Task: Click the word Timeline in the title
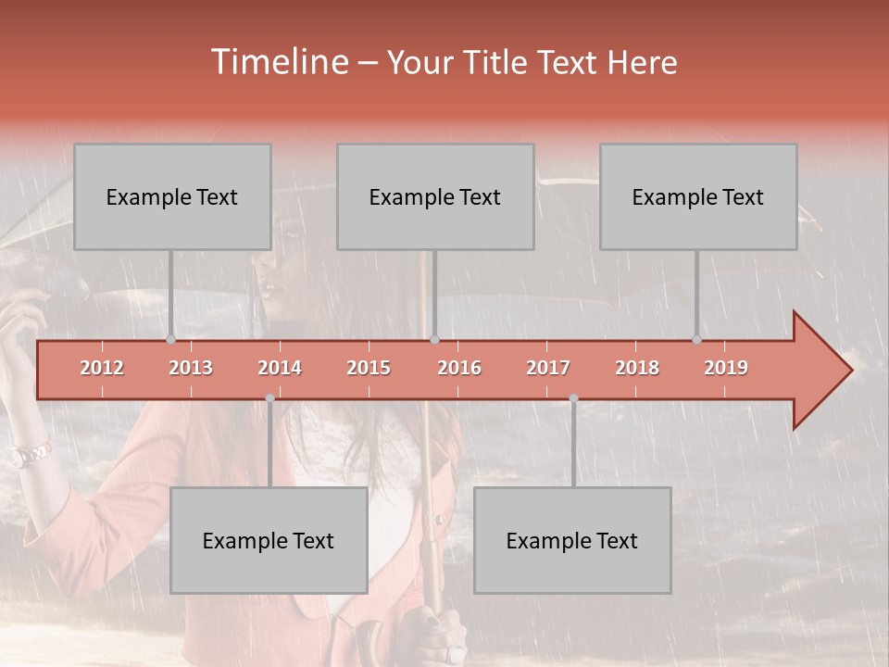(278, 62)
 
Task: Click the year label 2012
(102, 368)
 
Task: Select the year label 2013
(191, 368)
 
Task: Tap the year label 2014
(280, 368)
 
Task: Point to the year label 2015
(369, 368)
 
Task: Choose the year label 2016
(459, 368)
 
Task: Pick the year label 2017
(548, 368)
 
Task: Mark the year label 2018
(637, 368)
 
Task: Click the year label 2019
(726, 368)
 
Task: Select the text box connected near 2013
(172, 196)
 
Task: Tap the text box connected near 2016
(435, 196)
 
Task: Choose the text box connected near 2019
(698, 196)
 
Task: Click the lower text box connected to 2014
(269, 540)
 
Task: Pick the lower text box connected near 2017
(572, 540)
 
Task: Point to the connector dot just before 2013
(170, 340)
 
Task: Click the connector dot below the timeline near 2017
(573, 398)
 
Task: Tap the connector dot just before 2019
(696, 340)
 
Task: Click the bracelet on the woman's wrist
(31, 454)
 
